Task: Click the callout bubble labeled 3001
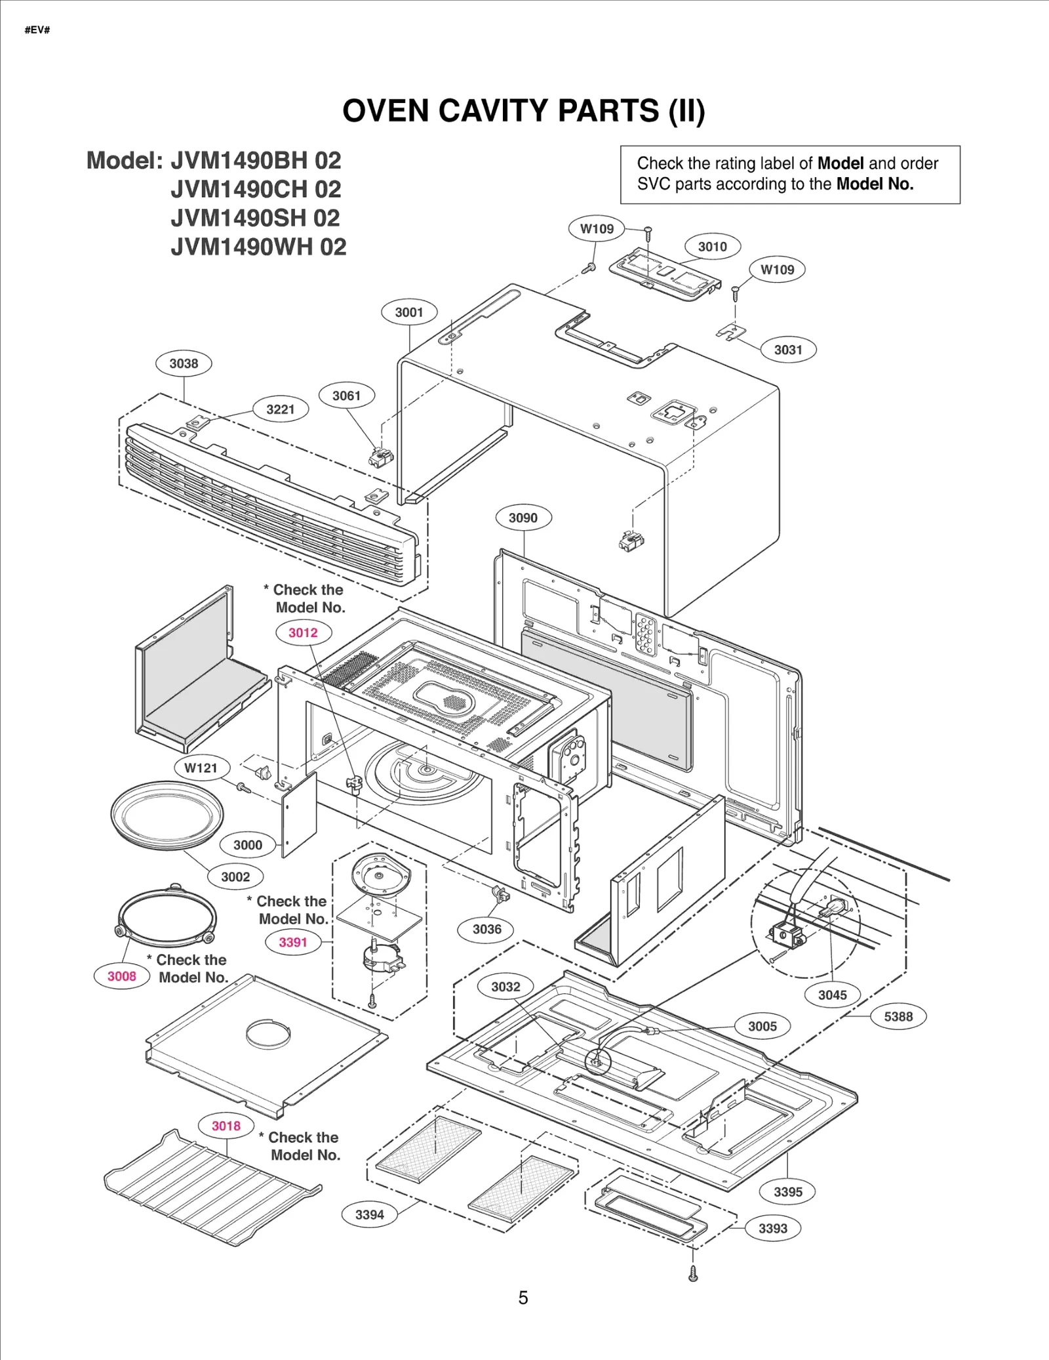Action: (x=409, y=312)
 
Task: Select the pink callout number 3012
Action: (x=303, y=632)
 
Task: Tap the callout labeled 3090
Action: (x=523, y=518)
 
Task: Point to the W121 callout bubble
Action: (x=201, y=768)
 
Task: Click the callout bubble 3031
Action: (x=788, y=350)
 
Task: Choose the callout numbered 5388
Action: (x=898, y=1016)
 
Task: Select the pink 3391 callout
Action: (x=293, y=942)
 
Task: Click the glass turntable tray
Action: (x=167, y=815)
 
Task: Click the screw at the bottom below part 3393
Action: (x=693, y=1273)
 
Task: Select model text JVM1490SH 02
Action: (x=256, y=218)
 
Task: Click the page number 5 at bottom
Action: (x=523, y=1298)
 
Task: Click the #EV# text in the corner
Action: (x=37, y=30)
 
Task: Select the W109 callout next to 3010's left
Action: (x=597, y=229)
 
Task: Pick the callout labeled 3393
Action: (x=772, y=1228)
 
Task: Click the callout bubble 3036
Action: (x=486, y=929)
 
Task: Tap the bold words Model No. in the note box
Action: (x=875, y=184)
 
